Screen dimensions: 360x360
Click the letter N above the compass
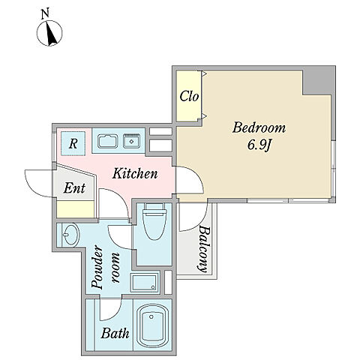click(x=45, y=14)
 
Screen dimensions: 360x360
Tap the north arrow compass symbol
click(x=49, y=34)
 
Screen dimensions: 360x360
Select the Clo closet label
click(x=189, y=96)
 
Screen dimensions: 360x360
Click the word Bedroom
click(x=259, y=127)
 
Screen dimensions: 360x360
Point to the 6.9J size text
click(x=259, y=145)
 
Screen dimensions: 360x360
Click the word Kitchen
click(x=135, y=173)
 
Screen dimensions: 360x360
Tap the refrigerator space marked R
click(x=73, y=143)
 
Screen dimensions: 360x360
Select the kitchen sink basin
click(x=108, y=141)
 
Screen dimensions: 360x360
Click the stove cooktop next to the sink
click(x=131, y=141)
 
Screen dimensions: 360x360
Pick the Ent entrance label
click(x=74, y=188)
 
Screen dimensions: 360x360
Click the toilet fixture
click(x=154, y=221)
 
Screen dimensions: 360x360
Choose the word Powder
click(x=97, y=268)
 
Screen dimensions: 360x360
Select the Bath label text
click(x=115, y=333)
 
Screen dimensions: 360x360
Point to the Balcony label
click(x=205, y=249)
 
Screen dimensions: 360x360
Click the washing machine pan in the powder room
click(x=145, y=283)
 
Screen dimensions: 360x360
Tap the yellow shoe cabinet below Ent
click(x=76, y=209)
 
